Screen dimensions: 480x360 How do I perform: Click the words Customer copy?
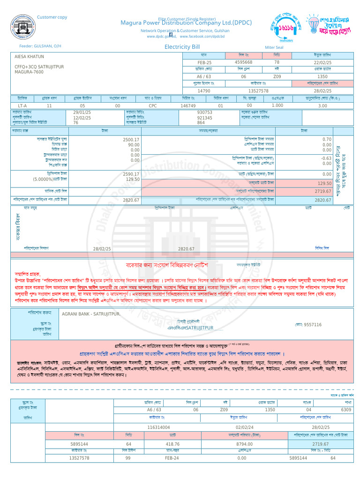pyautogui.click(x=52, y=17)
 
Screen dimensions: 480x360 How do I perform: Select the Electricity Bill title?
pyautogui.click(x=182, y=47)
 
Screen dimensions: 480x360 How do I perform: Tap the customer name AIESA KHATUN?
pyautogui.click(x=29, y=57)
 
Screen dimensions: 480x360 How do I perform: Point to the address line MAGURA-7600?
pyautogui.click(x=29, y=72)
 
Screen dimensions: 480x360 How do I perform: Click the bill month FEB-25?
pyautogui.click(x=204, y=62)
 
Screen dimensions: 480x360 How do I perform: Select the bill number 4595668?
pyautogui.click(x=243, y=62)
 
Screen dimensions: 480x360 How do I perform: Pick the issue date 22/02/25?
pyautogui.click(x=322, y=62)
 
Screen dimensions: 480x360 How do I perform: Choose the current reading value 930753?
pyautogui.click(x=204, y=112)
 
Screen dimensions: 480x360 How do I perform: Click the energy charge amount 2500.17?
pyautogui.click(x=131, y=140)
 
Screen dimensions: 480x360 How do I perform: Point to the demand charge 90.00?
pyautogui.click(x=134, y=145)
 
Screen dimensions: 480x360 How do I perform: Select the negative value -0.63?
pyautogui.click(x=326, y=158)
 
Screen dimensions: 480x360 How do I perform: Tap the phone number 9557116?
pyautogui.click(x=313, y=324)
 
